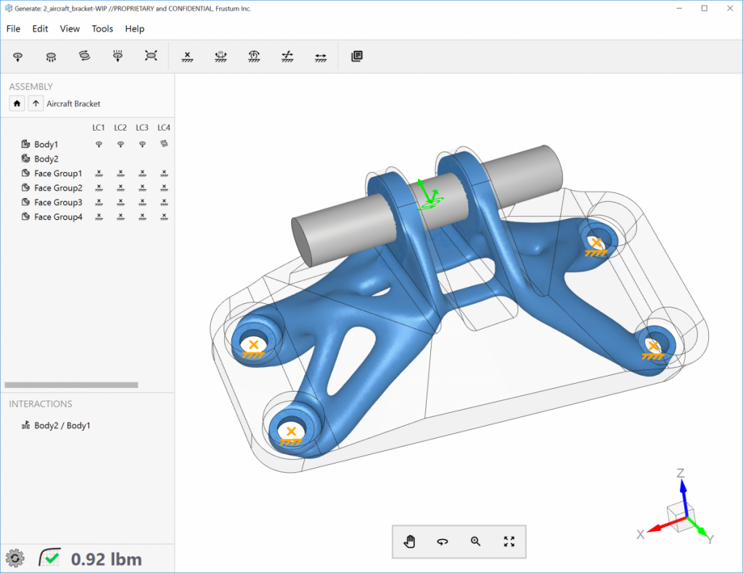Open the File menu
13,29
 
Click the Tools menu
102,29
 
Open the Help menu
134,29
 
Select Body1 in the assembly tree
46,144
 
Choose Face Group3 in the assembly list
57,202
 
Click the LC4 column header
164,128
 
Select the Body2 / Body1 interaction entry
62,426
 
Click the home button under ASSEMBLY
17,104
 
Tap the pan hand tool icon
410,541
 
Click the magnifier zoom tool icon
476,541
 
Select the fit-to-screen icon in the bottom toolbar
509,541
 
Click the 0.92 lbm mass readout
106,558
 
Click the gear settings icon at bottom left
15,558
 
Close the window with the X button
728,8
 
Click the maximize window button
704,8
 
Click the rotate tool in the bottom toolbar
443,541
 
